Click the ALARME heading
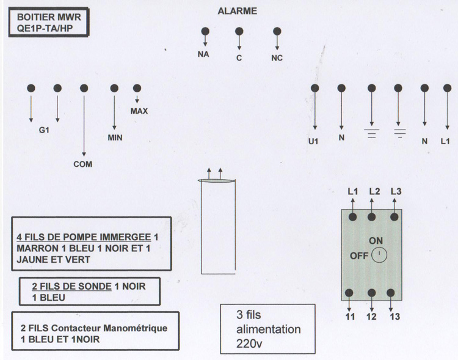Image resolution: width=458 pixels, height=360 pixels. (237, 11)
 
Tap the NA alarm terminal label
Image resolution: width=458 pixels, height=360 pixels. (203, 54)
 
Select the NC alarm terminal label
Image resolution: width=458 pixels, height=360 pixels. (277, 58)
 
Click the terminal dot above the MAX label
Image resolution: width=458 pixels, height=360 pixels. (137, 88)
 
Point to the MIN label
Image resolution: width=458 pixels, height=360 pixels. (115, 138)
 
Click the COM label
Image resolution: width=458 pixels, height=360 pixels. (83, 164)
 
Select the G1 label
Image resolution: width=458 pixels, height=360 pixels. (44, 130)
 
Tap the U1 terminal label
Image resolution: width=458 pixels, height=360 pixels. (313, 142)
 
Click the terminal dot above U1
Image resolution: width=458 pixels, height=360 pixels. (314, 88)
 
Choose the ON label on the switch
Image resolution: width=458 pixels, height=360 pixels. (376, 241)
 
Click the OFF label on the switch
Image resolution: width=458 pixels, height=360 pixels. (359, 256)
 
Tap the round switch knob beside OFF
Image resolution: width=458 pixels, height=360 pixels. (379, 255)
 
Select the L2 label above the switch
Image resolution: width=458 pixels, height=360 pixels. (374, 191)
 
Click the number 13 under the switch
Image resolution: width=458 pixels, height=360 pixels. (395, 317)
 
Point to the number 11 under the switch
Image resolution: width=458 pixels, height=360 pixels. (350, 317)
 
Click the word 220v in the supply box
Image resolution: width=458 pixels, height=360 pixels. (249, 343)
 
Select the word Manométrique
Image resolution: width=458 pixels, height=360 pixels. (135, 328)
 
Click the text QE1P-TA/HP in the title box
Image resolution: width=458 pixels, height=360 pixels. (45, 28)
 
